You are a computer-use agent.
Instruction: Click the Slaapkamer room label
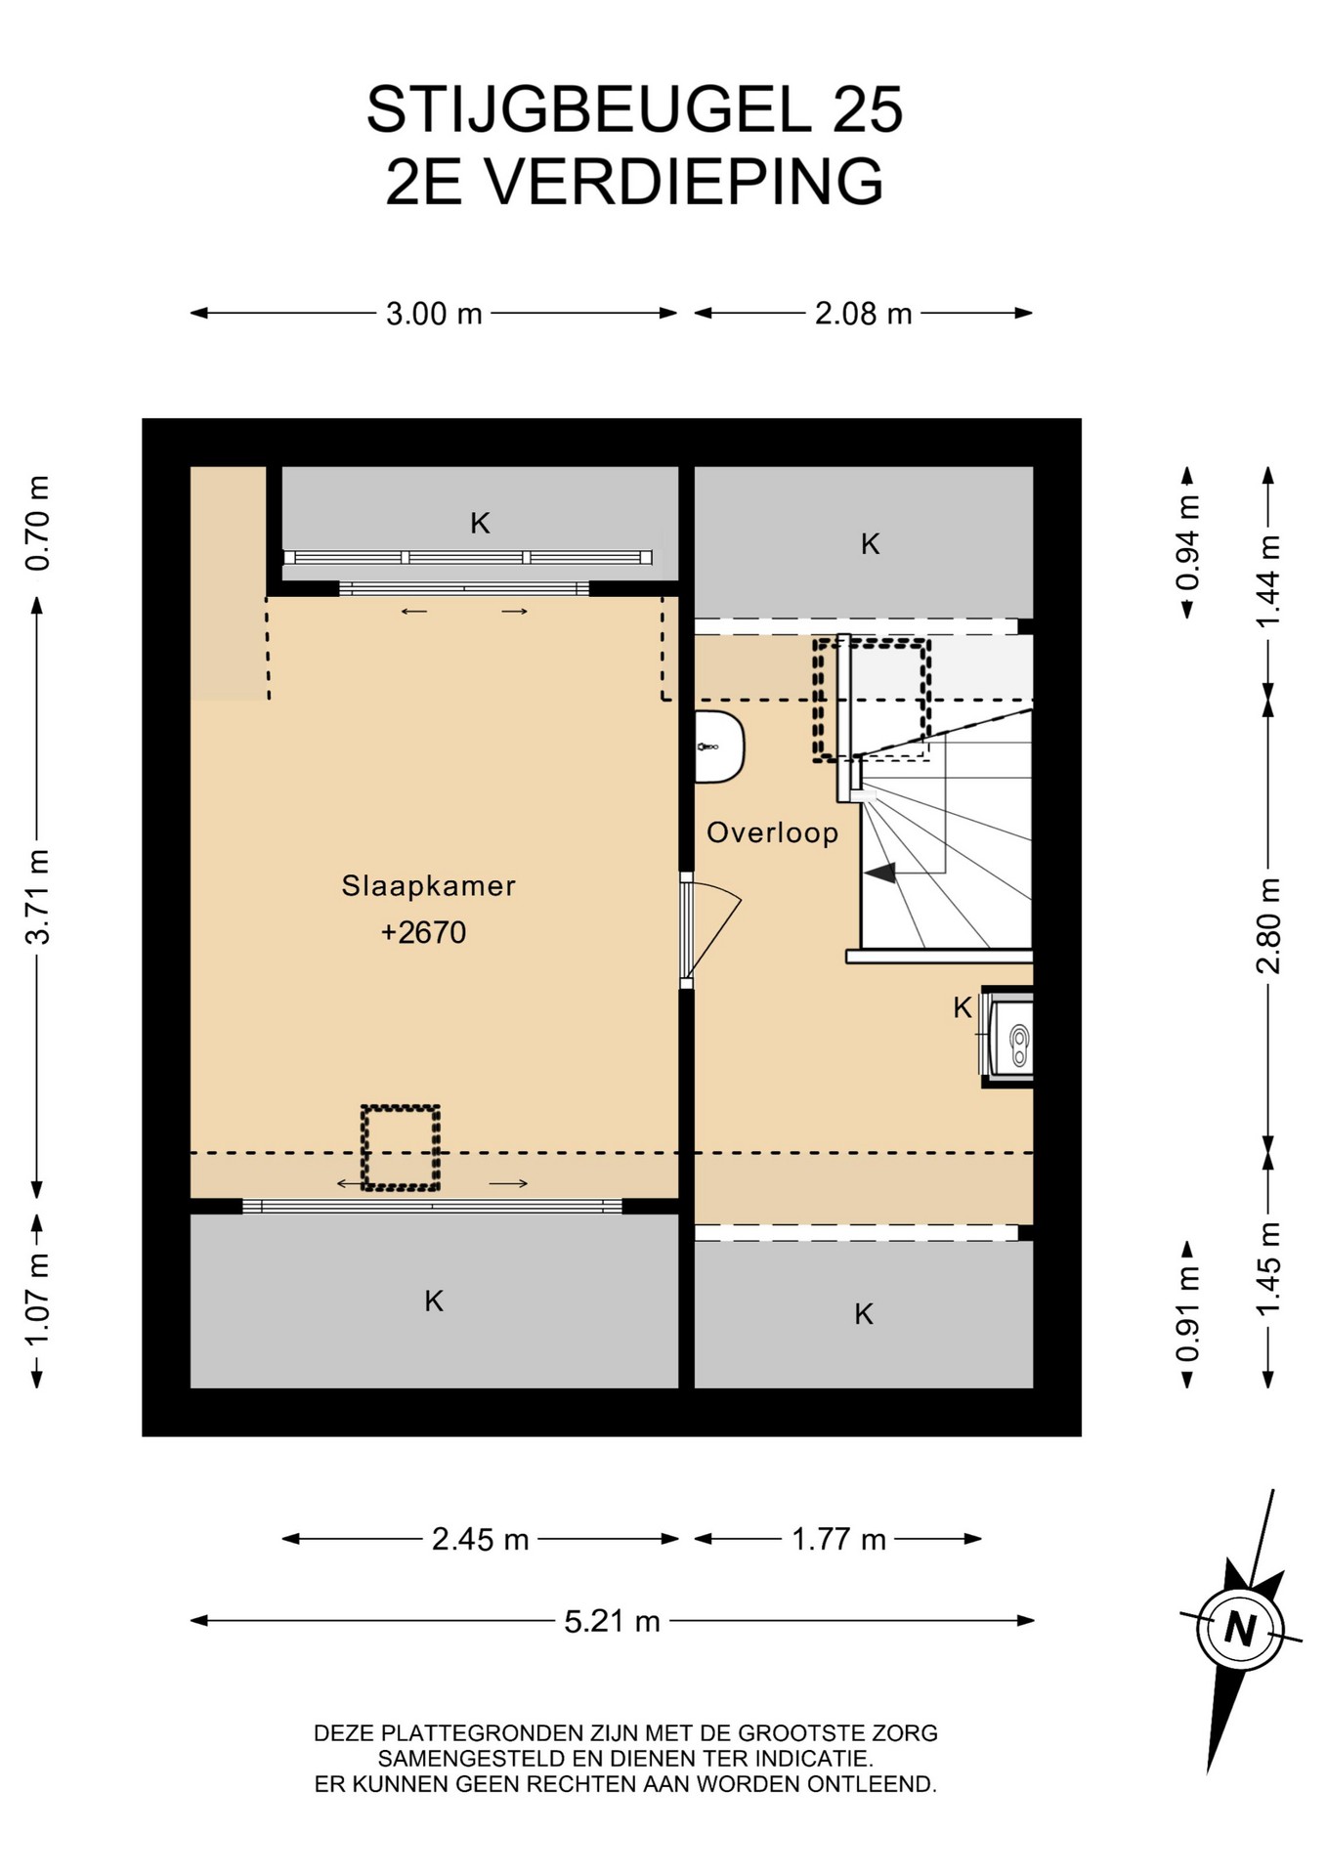[x=428, y=885]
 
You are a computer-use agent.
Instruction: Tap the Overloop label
[x=773, y=832]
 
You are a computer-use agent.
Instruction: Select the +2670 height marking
[x=423, y=932]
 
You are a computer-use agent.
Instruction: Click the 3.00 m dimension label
[x=434, y=314]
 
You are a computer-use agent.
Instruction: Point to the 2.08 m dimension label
[x=863, y=314]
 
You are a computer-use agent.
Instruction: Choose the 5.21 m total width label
[x=613, y=1621]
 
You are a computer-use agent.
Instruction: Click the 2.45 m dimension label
[x=480, y=1539]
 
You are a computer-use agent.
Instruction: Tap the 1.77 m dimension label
[x=838, y=1539]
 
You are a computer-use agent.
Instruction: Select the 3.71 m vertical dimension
[x=37, y=897]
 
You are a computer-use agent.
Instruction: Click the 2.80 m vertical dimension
[x=1268, y=925]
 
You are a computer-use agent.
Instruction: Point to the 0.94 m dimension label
[x=1188, y=543]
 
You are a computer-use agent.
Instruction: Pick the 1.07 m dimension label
[x=37, y=1299]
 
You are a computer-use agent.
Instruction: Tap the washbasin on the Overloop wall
[x=719, y=747]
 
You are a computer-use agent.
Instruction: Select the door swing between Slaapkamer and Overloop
[x=712, y=928]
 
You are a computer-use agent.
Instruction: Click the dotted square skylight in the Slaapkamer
[x=401, y=1148]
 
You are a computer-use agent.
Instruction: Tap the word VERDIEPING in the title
[x=684, y=182]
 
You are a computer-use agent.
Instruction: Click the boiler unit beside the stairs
[x=1008, y=1038]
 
